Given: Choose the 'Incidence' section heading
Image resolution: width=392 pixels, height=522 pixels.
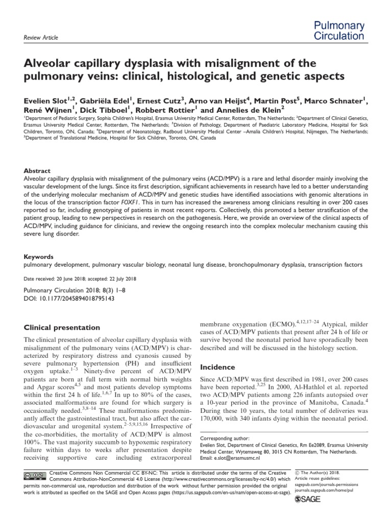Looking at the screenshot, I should [217, 367].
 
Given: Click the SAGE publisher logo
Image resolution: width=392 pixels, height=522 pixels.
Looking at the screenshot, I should [311, 501].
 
